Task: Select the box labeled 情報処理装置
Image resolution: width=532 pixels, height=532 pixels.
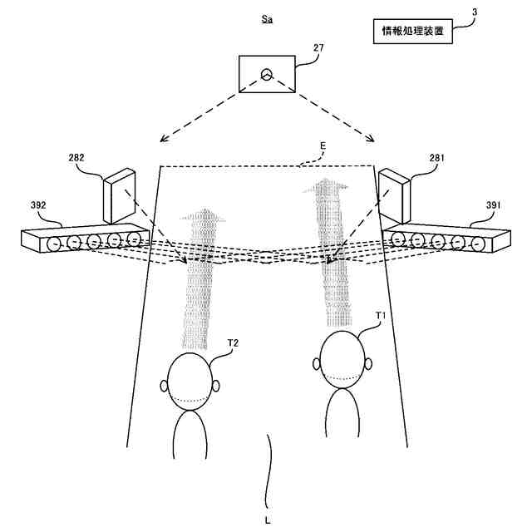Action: (x=411, y=32)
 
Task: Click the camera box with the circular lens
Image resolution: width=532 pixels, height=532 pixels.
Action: (x=266, y=76)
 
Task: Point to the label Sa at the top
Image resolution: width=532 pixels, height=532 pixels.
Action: (x=266, y=17)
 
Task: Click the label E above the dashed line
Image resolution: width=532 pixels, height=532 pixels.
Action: (x=323, y=146)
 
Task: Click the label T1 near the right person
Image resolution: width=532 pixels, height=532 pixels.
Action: (x=381, y=316)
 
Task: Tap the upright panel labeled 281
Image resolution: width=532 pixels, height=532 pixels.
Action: (x=396, y=195)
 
